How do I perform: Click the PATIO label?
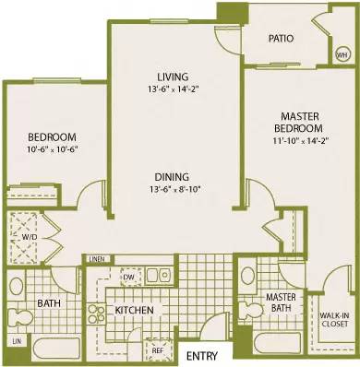(281, 39)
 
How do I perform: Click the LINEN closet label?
(98, 259)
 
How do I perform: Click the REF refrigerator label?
(158, 349)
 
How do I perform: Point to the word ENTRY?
(202, 356)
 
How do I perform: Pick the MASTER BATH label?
(280, 302)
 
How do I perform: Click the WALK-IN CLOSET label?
(333, 318)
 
